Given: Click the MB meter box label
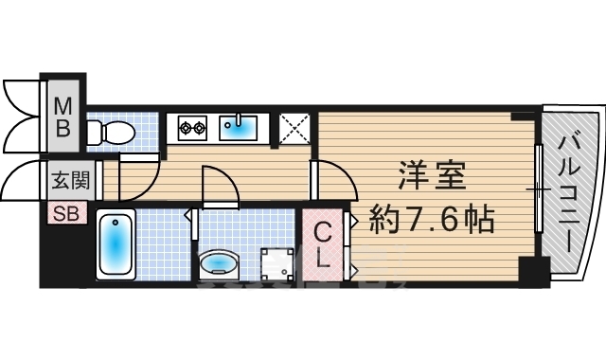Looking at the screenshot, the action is (63, 117).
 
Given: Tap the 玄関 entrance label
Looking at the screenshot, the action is (70, 180).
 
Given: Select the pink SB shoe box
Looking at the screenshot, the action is (66, 213).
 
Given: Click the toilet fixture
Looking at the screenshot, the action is (111, 133).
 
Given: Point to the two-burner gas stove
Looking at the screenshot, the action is (192, 127).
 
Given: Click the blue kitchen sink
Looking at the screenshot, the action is (238, 128).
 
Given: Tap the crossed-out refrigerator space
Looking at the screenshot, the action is (294, 129).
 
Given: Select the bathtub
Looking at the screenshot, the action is (116, 244).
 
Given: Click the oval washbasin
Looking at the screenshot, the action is (219, 263).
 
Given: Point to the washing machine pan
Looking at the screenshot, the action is (277, 264).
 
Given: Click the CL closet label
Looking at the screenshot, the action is (322, 245).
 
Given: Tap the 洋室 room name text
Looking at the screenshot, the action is (432, 175).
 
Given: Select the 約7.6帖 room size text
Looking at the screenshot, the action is (432, 219).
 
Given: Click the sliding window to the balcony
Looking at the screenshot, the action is (539, 189).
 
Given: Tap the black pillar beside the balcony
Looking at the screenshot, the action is (534, 272).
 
